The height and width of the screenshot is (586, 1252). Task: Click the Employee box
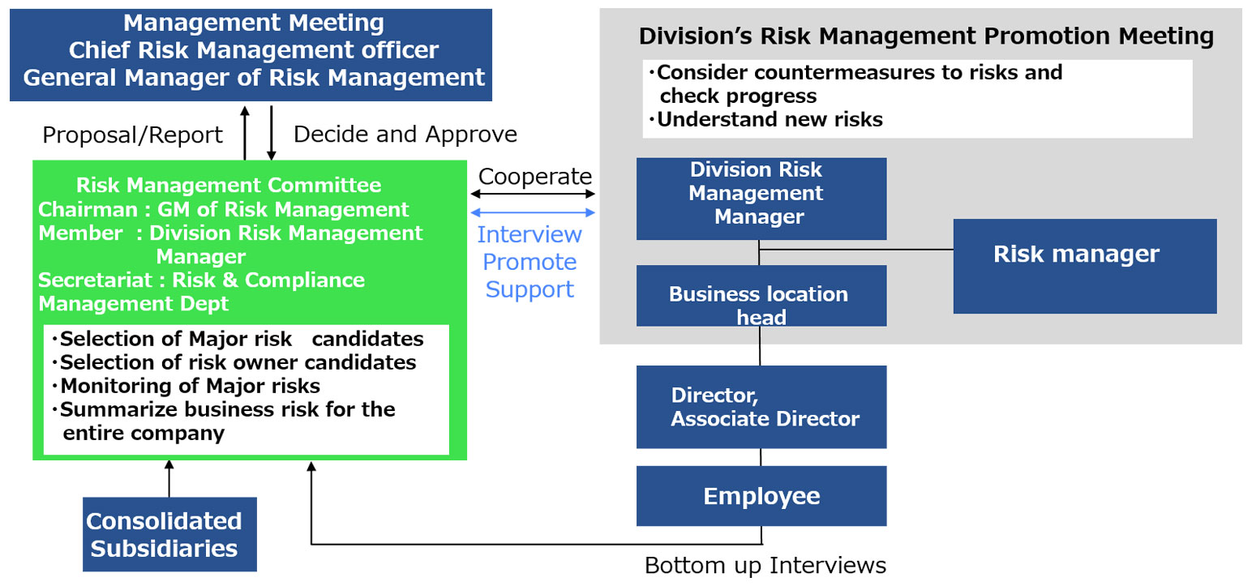point(761,496)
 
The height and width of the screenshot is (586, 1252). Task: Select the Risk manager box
point(1085,266)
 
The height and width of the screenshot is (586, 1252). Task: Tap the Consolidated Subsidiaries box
point(170,534)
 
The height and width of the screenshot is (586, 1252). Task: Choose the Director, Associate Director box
point(761,407)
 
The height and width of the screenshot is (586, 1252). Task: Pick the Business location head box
point(761,296)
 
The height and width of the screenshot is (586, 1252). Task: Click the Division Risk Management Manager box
point(761,199)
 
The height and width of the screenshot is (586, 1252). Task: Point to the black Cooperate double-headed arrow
point(533,194)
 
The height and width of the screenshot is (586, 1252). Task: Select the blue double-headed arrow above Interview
point(533,212)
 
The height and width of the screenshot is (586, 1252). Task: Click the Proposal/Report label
point(132,135)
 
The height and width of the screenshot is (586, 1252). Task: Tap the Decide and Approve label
point(405,135)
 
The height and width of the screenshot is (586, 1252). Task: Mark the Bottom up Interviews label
point(765,565)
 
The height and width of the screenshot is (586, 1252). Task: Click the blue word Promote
point(530,262)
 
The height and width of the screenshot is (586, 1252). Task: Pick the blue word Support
point(530,290)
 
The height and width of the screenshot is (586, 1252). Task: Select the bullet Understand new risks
point(765,119)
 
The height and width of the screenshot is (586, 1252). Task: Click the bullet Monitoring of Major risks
point(187,386)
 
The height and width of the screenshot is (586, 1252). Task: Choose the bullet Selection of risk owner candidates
point(234,362)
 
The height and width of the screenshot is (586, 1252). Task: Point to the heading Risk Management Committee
point(229,185)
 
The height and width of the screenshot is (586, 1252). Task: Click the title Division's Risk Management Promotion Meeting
point(926,36)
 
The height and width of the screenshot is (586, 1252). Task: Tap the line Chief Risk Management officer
point(253,50)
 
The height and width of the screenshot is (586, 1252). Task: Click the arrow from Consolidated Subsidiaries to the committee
point(169,479)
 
